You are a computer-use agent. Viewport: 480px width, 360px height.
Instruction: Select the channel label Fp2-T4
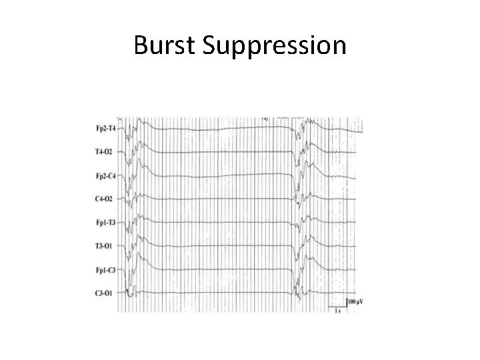coord(105,129)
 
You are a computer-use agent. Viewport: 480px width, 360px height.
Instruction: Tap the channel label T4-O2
coord(105,152)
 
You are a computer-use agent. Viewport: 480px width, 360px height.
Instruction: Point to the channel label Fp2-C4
coord(105,176)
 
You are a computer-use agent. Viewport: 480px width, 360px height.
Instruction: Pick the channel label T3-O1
coord(105,246)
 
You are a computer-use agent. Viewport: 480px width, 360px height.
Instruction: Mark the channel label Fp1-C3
coord(105,270)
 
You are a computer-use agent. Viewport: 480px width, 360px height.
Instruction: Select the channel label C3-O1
coord(105,293)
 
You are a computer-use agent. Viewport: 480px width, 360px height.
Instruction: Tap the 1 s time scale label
coord(338,311)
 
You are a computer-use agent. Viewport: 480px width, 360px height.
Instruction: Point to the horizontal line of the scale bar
coord(337,307)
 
